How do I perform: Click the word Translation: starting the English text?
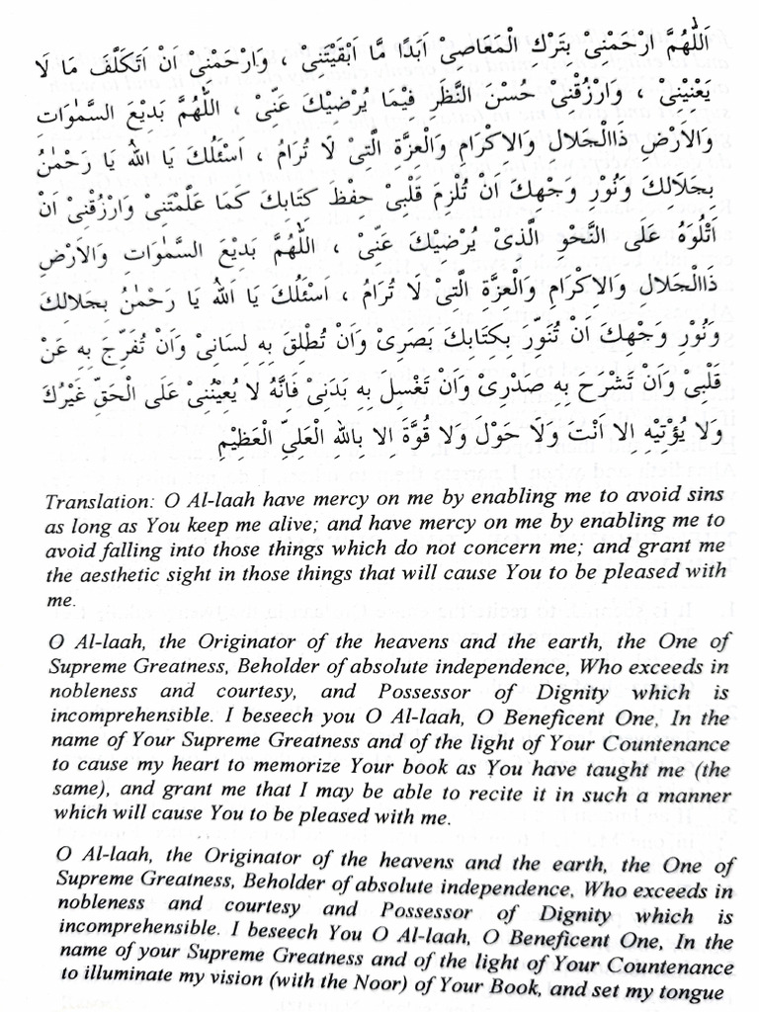click(x=94, y=500)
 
